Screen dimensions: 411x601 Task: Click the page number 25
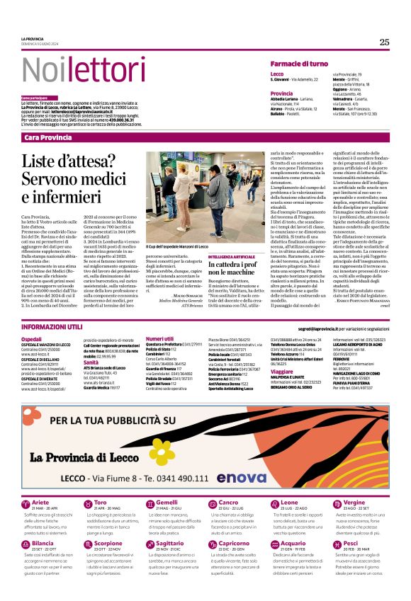click(384, 42)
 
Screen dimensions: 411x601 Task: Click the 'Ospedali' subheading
click(31, 339)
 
